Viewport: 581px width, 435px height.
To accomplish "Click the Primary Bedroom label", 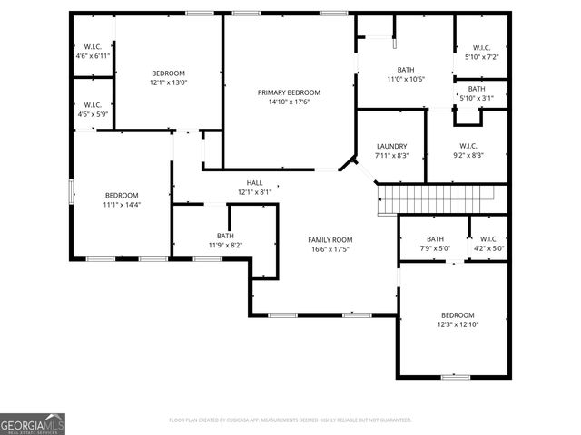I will point(289,92).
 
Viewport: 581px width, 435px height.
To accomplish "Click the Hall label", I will point(254,182).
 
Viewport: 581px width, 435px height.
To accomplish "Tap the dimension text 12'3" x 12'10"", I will point(458,324).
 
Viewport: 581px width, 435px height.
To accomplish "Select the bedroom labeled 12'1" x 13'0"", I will point(168,78).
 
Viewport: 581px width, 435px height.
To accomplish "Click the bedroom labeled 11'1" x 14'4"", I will point(122,199).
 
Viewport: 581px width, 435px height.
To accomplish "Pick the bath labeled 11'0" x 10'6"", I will point(404,74).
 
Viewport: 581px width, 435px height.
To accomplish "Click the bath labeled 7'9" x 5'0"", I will point(435,244).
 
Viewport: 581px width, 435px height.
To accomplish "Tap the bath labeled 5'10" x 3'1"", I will point(477,93).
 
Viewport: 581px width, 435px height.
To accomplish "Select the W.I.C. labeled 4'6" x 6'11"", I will point(92,51).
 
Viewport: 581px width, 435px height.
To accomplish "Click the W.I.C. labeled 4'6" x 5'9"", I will point(92,110).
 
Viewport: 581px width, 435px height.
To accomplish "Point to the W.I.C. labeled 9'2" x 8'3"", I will point(468,150).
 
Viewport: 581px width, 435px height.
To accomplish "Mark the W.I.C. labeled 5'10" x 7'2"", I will point(480,53).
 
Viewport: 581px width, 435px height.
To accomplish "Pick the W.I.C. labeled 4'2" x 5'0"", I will point(487,244).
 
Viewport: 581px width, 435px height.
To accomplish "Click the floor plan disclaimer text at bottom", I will point(290,420).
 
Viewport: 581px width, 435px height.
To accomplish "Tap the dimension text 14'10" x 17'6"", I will point(289,102).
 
